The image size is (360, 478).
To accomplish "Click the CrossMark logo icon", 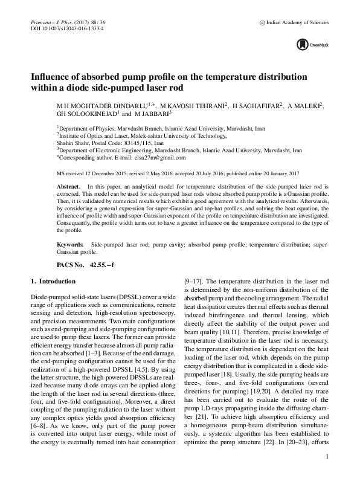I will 302,44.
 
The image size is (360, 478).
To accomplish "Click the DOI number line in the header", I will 66,28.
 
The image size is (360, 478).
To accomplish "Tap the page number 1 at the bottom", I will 326,456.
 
